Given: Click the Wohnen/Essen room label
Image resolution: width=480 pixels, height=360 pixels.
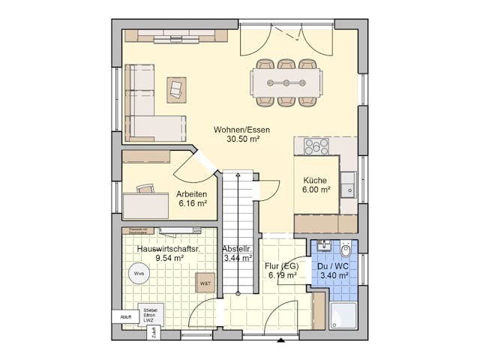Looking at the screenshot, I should (x=241, y=129).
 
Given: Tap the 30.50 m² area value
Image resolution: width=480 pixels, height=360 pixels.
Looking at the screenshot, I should (x=241, y=139).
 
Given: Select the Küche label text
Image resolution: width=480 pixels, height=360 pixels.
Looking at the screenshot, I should (x=315, y=180).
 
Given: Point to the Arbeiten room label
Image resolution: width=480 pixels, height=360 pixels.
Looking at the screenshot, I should (x=191, y=193).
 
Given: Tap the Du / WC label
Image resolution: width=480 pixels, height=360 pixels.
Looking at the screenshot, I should (x=334, y=265).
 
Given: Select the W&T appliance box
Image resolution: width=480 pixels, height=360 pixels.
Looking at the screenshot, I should (x=204, y=283).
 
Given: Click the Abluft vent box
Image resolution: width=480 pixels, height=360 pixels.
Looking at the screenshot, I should (x=124, y=317).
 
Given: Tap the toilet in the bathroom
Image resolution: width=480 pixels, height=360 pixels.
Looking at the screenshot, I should (x=346, y=249).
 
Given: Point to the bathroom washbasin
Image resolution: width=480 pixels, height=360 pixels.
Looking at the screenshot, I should (x=323, y=246).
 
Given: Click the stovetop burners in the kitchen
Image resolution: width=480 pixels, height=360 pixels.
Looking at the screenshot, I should (x=316, y=147).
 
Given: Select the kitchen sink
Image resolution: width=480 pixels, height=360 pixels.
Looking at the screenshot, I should (x=348, y=184).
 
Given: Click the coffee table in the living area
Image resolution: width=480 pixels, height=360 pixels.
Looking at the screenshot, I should (x=176, y=88).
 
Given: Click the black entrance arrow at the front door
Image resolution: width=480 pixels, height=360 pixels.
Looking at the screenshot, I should (x=280, y=341).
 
